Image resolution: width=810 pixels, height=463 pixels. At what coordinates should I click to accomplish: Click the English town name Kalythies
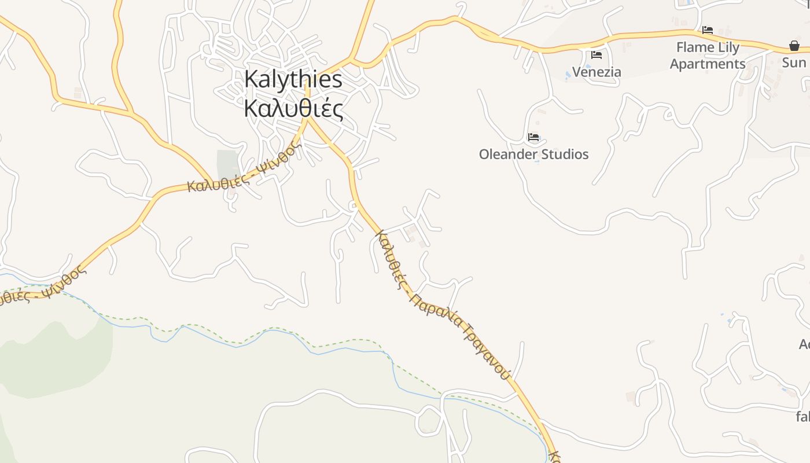[293, 79]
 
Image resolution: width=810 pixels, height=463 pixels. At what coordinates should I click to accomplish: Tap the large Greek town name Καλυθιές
[293, 109]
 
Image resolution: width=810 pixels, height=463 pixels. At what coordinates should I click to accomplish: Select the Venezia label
[597, 72]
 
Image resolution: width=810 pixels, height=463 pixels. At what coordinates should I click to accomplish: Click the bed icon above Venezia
[597, 55]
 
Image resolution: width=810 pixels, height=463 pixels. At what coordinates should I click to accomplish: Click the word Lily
[728, 47]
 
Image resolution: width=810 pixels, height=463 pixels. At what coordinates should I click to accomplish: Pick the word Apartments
[708, 64]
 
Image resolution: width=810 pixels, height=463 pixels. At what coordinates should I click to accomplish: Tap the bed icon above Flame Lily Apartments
[708, 30]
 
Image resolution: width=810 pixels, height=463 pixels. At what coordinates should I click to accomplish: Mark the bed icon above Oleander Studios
[533, 138]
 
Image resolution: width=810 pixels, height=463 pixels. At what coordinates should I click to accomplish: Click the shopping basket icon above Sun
[794, 46]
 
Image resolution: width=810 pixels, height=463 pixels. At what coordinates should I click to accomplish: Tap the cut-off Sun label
[795, 62]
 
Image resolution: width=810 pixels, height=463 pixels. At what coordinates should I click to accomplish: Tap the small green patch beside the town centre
[227, 164]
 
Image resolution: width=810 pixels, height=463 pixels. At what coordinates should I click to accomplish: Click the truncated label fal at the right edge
[803, 416]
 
